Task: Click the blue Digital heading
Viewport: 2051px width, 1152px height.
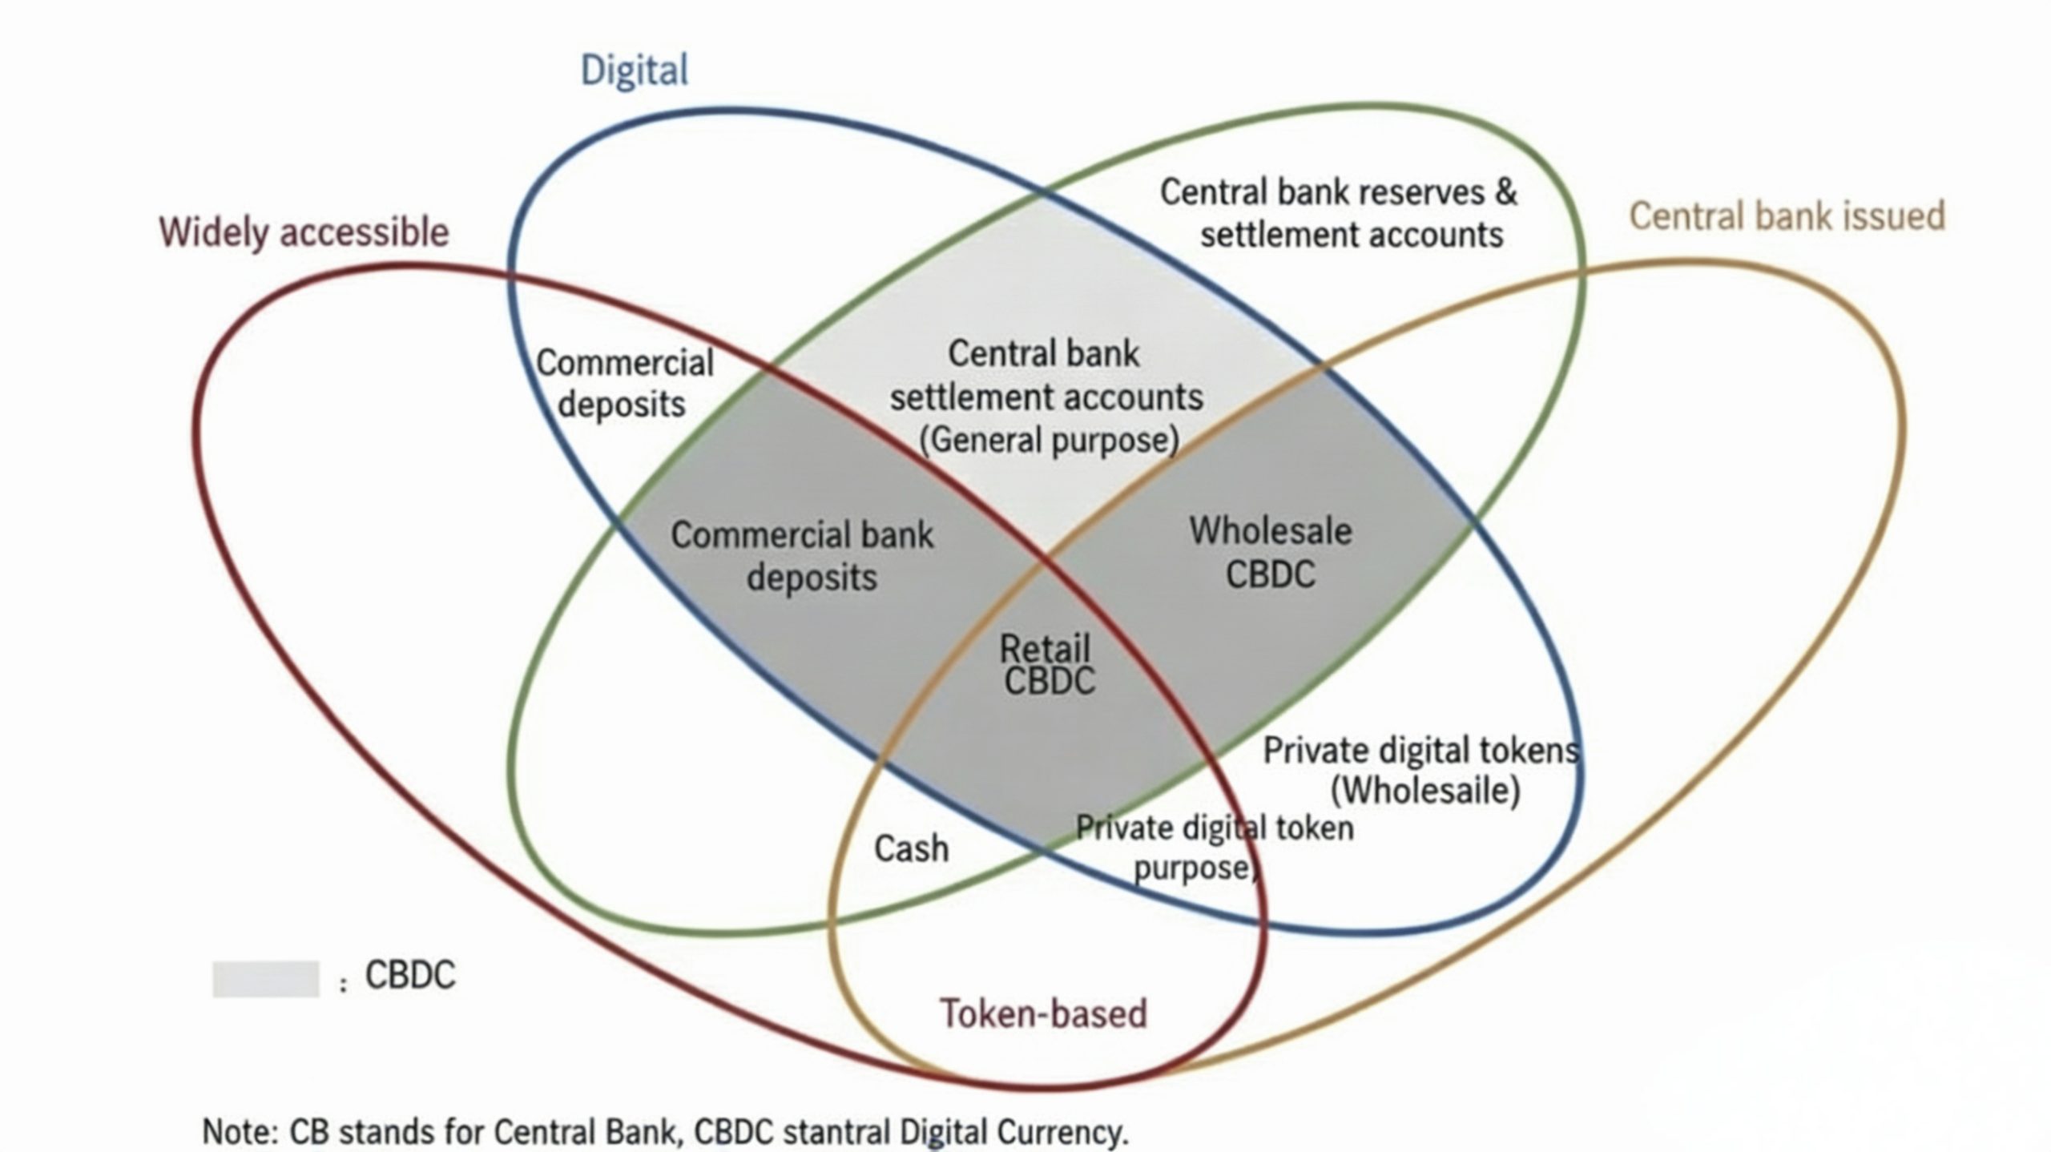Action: (634, 70)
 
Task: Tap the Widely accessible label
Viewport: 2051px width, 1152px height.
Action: (304, 233)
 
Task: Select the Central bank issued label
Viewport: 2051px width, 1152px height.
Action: (1787, 216)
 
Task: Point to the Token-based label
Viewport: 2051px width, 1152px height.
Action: (1043, 1013)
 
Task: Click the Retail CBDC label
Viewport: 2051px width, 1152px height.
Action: (1046, 665)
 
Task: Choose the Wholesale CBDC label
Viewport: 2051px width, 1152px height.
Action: (1271, 553)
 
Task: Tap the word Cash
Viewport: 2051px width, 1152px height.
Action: (911, 848)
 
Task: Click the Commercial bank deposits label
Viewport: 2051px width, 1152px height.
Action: (803, 556)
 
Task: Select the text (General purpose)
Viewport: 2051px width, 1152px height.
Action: (1049, 440)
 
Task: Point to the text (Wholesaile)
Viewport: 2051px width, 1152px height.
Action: (1425, 791)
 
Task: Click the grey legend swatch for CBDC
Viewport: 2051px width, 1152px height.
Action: (265, 979)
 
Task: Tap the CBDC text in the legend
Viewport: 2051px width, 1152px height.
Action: (409, 976)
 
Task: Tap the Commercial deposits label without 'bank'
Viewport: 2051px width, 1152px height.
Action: (624, 383)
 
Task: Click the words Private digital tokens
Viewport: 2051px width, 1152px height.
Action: (1420, 751)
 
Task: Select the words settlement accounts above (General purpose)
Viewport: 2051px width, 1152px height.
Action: (1046, 397)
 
